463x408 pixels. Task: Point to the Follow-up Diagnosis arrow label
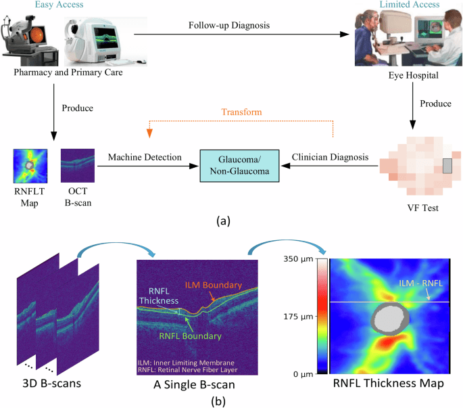pos(230,25)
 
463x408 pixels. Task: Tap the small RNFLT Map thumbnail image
pos(29,164)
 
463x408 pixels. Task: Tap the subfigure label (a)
pos(223,221)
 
